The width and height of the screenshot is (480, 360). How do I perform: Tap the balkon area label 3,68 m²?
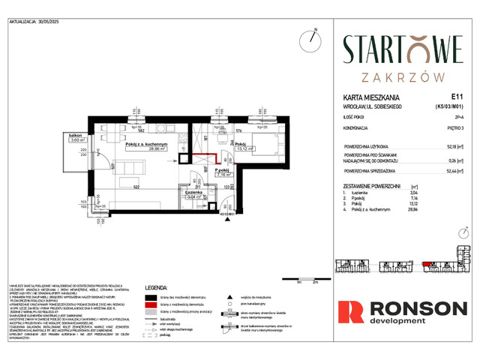[x=76, y=139]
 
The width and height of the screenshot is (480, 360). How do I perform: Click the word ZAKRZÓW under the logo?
[x=402, y=76]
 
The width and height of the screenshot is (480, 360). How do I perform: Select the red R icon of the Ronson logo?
[x=352, y=313]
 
